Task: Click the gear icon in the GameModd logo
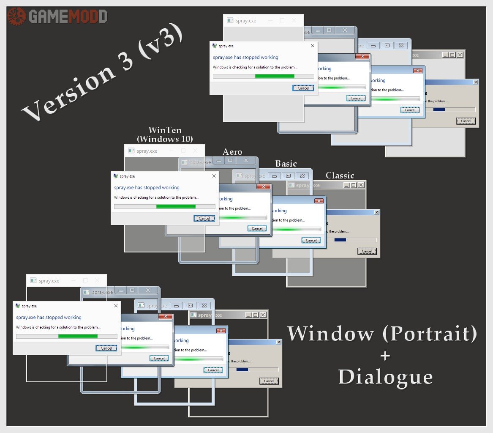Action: point(16,16)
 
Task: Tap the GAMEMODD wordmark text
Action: point(68,16)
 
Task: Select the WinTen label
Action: point(165,130)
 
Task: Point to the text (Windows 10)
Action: point(165,139)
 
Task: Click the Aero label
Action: point(232,152)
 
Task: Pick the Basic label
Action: point(286,164)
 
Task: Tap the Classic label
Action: point(340,175)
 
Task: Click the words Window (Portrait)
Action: point(382,334)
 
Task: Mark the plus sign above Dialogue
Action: point(385,356)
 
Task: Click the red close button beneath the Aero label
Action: point(264,187)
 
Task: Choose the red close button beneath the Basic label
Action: point(318,201)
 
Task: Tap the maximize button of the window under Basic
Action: point(288,175)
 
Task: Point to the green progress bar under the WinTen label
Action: point(176,207)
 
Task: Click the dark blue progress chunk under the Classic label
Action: point(340,240)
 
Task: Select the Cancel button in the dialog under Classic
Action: point(367,251)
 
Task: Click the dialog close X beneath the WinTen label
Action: point(214,176)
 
